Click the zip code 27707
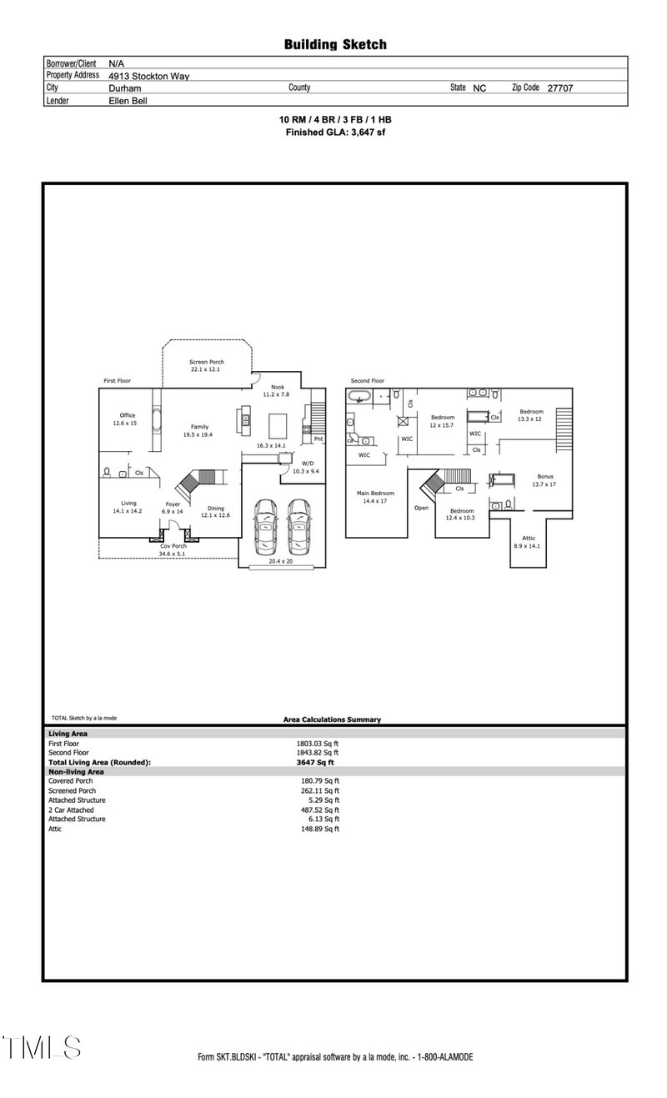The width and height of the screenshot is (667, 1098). coord(559,88)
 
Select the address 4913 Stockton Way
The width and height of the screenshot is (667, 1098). coord(148,76)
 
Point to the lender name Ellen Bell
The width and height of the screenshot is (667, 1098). coord(128,100)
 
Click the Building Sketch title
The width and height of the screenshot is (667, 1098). coord(335,45)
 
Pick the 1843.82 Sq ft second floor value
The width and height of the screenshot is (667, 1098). coord(318,752)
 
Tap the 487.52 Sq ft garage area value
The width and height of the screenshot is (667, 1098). coord(318,810)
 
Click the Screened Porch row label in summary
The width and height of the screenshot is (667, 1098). coord(72,790)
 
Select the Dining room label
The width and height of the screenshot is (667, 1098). coord(216,511)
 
